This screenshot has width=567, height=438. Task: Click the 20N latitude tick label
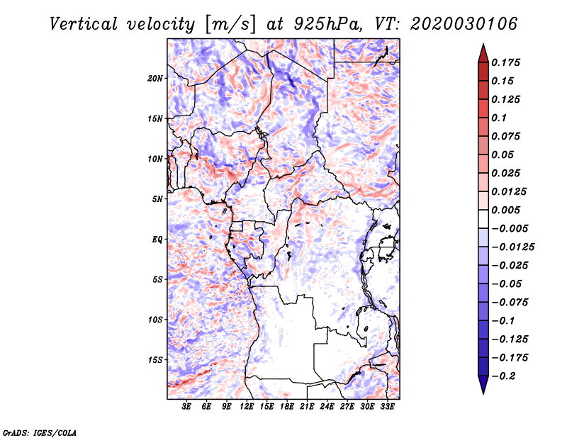pos(155,79)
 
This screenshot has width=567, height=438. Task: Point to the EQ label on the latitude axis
pos(157,240)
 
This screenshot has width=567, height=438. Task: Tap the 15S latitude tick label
pos(155,360)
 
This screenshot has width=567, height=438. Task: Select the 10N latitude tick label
pos(155,159)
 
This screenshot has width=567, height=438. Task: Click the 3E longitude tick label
pos(186,407)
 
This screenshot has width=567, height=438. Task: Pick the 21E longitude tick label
pos(307,407)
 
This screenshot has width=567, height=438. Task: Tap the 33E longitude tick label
pos(387,407)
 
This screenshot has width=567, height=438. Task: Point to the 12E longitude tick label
pos(247,407)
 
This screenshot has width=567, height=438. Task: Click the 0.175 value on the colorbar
pos(505,62)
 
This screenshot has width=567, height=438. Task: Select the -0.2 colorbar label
pos(503,376)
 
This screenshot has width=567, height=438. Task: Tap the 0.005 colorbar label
pos(505,210)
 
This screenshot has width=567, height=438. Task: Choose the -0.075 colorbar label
pos(510,303)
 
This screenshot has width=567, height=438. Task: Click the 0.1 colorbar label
pos(499,118)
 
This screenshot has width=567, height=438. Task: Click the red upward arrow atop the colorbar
pos(483,53)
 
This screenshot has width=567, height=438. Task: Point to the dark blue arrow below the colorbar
pos(483,385)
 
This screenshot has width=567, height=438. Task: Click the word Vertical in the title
pos(84,24)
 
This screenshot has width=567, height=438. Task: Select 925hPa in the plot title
pos(327,24)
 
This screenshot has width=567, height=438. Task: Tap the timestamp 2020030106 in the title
pos(464,24)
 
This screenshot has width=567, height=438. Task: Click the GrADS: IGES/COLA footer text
pos(40,432)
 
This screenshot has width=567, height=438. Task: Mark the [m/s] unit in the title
pos(230,25)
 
